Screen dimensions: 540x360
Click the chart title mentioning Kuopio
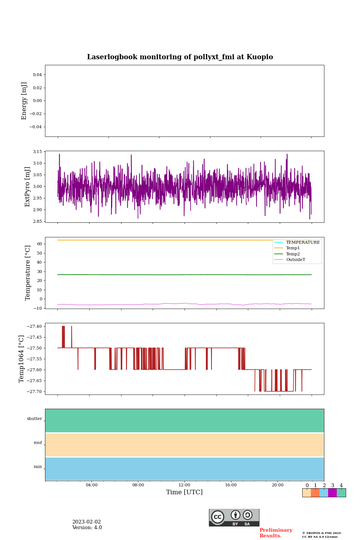coord(180,57)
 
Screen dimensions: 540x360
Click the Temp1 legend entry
coord(292,248)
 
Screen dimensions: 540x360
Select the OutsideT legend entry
coord(295,260)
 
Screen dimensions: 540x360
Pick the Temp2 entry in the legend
coord(292,254)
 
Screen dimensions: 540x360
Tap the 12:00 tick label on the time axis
coord(184,485)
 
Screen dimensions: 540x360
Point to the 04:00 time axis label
coord(91,485)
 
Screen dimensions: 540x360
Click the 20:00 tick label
coord(277,485)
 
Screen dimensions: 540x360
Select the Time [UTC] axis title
coord(184,492)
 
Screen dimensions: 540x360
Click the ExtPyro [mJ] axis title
coord(27,187)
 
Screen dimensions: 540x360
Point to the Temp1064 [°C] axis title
coord(21,359)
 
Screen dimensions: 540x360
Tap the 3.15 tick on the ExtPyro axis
coord(37,152)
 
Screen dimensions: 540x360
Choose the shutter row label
coord(34,419)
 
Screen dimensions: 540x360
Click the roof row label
coord(38,443)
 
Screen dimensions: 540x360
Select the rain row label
coord(38,467)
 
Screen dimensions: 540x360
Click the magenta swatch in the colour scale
coord(332,493)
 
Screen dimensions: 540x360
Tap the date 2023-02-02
coord(87,522)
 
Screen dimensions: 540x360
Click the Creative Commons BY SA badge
coord(234,517)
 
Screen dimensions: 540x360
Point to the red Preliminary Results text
coord(276,533)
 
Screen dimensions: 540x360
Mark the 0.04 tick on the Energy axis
coord(37,75)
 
